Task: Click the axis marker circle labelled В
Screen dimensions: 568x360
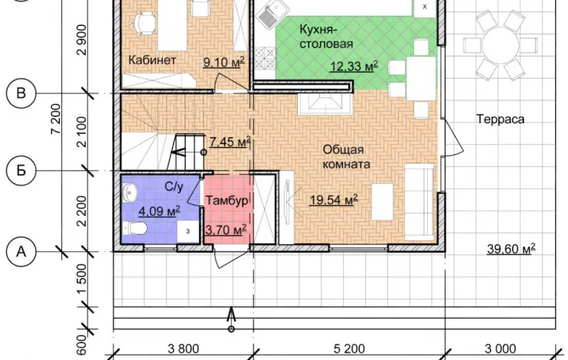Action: [x=21, y=93]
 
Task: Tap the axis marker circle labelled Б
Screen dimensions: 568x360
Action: [x=21, y=170]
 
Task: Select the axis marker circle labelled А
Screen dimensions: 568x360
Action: [x=21, y=251]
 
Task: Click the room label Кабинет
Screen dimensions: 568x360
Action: [x=152, y=60]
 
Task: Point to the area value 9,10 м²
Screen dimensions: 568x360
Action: [x=224, y=62]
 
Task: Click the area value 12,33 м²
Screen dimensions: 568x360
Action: [x=354, y=67]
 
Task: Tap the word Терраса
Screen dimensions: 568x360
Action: [x=501, y=119]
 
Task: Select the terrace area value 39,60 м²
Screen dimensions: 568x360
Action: [x=511, y=249]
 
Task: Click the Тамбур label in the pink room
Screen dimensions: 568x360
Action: [x=227, y=201]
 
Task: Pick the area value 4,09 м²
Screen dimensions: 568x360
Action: [x=159, y=211]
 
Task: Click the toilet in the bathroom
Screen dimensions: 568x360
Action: [x=135, y=228]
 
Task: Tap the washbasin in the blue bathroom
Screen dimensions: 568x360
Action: [x=129, y=191]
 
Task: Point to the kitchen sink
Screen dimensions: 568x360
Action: [x=273, y=14]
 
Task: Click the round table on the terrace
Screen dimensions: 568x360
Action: [x=501, y=45]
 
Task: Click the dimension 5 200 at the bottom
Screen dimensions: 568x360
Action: [x=349, y=349]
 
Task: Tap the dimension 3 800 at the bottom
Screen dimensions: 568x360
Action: [x=183, y=349]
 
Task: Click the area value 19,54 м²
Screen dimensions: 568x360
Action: [x=334, y=199]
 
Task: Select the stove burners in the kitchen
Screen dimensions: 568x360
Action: [x=265, y=58]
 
